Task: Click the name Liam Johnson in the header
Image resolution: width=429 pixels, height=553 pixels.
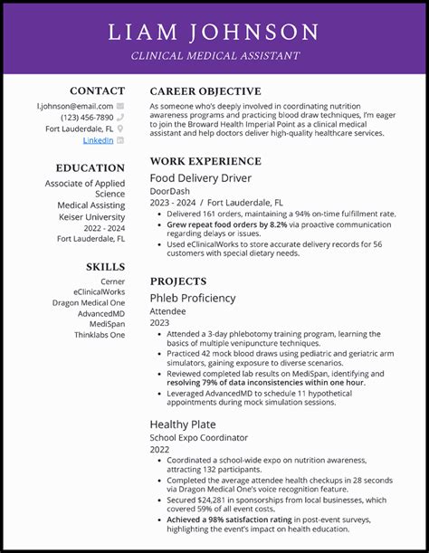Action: pos(214,33)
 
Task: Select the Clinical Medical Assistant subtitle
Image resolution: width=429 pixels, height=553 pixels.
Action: pos(214,56)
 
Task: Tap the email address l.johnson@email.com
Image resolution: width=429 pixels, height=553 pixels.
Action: pos(75,106)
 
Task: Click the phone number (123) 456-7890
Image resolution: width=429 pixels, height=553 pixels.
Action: pos(87,118)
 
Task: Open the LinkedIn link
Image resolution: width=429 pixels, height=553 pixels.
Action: pos(98,140)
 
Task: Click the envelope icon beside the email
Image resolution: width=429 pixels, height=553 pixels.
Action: pos(120,106)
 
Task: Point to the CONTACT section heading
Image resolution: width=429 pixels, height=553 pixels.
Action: pos(97,91)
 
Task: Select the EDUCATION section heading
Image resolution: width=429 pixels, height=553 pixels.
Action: pos(90,167)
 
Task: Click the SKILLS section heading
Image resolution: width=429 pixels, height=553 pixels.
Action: pos(105,267)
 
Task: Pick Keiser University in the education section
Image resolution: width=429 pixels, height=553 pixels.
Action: pos(91,217)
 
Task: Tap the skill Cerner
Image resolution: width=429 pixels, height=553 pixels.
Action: pos(112,281)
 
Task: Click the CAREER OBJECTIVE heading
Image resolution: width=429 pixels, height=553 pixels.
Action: pos(205,91)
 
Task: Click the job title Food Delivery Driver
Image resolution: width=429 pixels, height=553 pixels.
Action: pos(201,178)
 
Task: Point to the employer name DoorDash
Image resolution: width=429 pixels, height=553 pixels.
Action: pos(169,192)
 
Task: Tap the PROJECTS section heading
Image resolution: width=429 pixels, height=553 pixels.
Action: pos(178,281)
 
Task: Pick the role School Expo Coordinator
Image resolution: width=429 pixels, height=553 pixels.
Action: pos(199,437)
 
